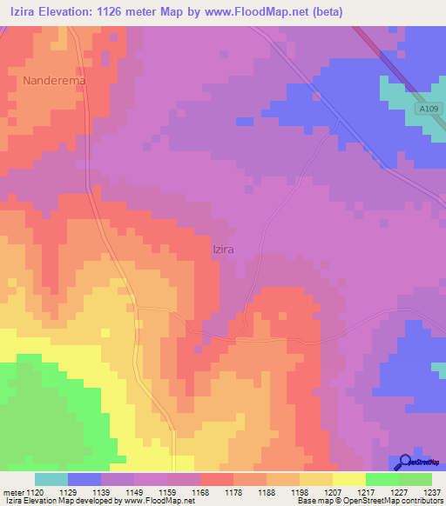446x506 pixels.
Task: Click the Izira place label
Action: tap(224, 249)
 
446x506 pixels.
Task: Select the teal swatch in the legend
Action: tap(51, 479)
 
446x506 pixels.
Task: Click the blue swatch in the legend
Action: tap(84, 479)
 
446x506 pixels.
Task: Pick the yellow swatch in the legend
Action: tap(348, 479)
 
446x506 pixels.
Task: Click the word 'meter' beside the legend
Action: tap(12, 492)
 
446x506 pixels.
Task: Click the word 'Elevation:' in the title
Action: tap(70, 12)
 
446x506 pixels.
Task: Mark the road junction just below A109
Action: tap(336, 132)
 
